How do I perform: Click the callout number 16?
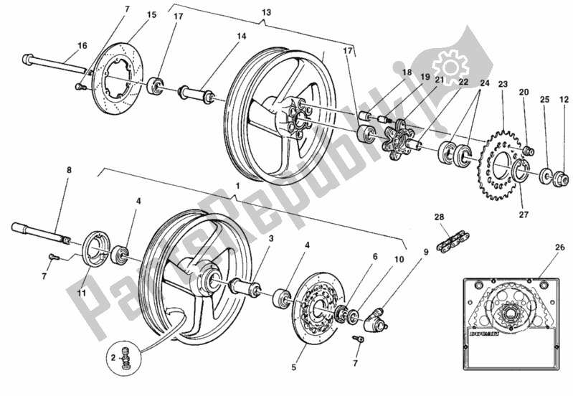point(82,45)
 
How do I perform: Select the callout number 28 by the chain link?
point(439,216)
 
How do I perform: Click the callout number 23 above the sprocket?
point(503,84)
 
